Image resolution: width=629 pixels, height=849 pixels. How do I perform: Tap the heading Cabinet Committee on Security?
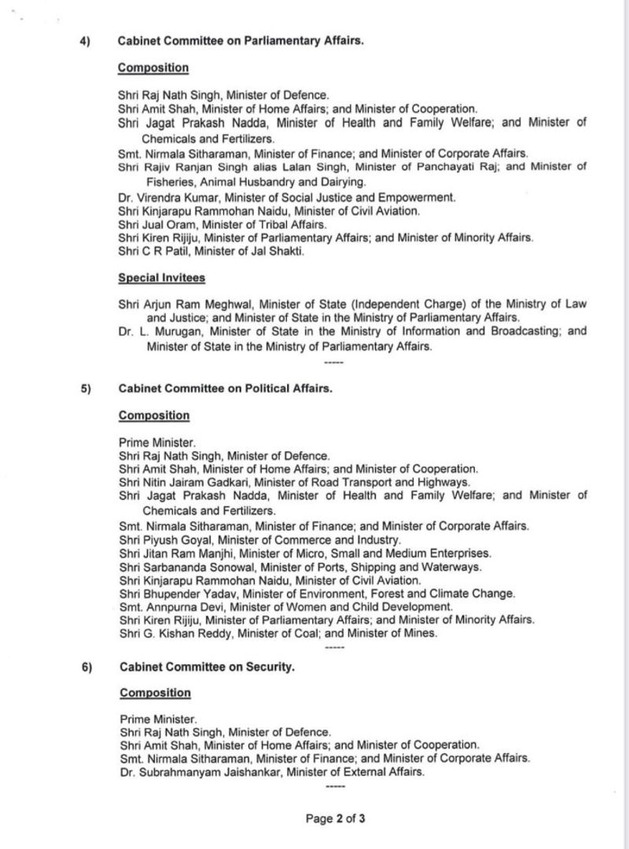coord(208,667)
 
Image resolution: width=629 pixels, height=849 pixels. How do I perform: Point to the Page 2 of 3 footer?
coord(336,818)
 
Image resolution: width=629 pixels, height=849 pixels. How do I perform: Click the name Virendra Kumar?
coord(171,197)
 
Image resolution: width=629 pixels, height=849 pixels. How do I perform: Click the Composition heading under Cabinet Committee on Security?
coord(155,693)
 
